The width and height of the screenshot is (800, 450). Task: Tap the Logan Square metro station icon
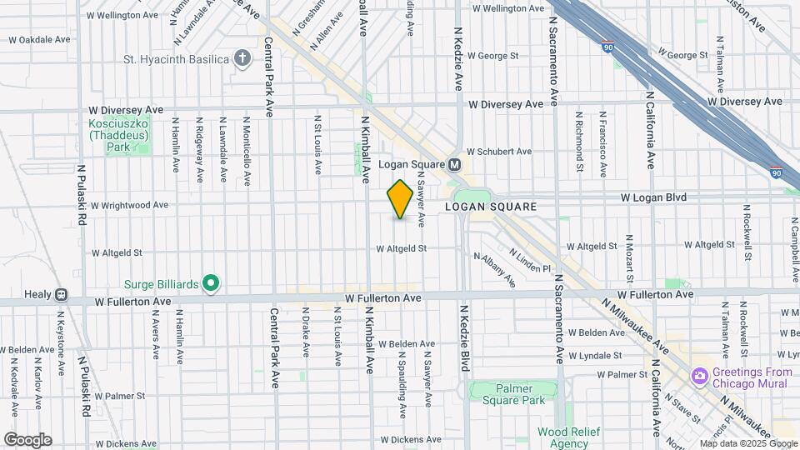(455, 164)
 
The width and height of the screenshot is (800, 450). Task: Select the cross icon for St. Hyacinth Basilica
(242, 58)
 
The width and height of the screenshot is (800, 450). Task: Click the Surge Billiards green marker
(211, 284)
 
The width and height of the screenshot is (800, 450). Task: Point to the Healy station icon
(61, 294)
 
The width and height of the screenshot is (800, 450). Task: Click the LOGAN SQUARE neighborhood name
(489, 206)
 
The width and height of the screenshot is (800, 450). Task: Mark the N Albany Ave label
(495, 270)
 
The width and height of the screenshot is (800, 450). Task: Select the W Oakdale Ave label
(39, 39)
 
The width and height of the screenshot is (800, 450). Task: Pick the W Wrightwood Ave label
(129, 204)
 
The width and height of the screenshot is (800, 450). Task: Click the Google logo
(27, 440)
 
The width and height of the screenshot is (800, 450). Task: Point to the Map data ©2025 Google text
(747, 443)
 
